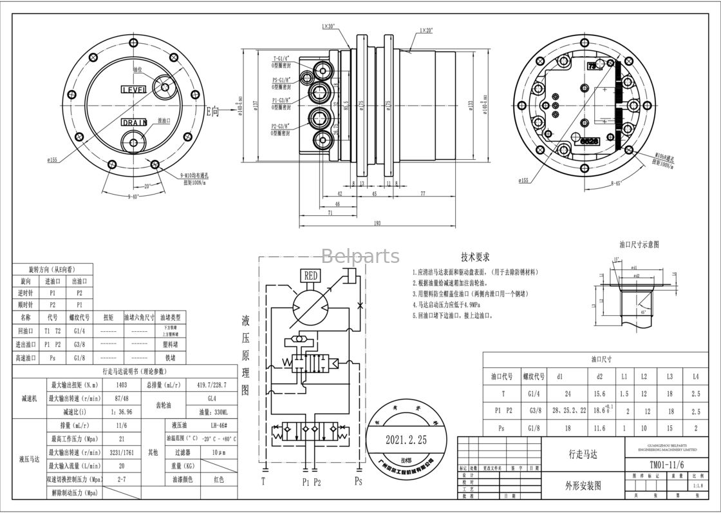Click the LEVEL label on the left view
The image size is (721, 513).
(x=134, y=89)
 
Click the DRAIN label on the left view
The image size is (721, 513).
(x=134, y=122)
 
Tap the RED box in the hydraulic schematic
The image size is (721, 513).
(x=311, y=276)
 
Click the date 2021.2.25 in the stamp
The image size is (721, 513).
(x=406, y=440)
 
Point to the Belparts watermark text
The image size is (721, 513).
(x=360, y=256)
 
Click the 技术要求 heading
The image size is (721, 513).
(x=476, y=256)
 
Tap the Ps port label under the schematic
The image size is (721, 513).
(x=358, y=481)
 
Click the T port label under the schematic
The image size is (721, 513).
(x=263, y=481)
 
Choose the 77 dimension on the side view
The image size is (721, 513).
(x=423, y=193)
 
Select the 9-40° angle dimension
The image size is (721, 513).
(x=134, y=196)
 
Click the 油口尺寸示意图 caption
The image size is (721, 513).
(x=639, y=245)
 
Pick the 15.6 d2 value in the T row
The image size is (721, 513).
(x=599, y=393)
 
